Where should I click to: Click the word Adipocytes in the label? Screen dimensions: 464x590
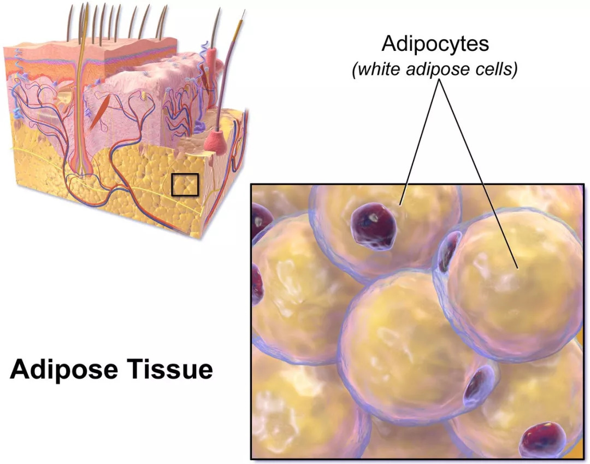tap(435, 43)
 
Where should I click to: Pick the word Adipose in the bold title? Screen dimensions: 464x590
tap(60, 369)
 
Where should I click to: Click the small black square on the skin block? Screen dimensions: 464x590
tap(184, 185)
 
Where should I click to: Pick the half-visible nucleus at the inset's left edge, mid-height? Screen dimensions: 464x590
tap(257, 284)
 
